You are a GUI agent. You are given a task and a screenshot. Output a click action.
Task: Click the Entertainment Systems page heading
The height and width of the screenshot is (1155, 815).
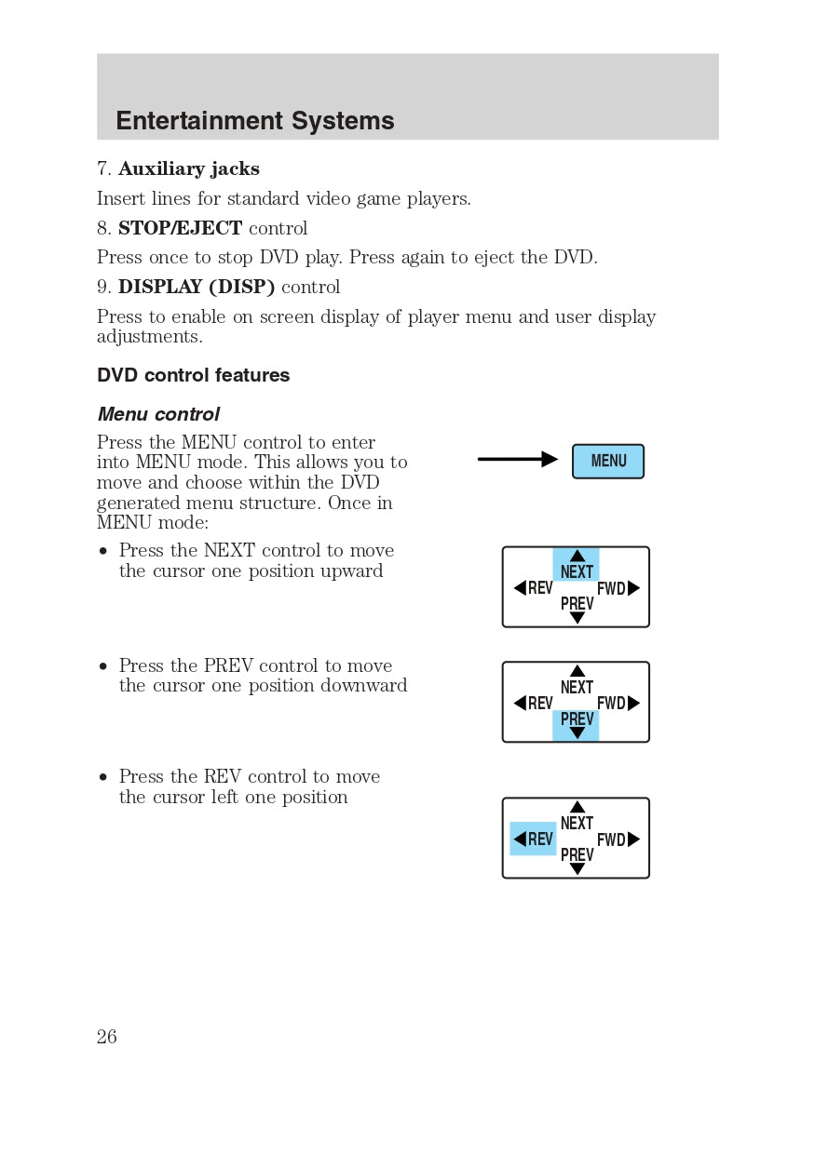tap(254, 121)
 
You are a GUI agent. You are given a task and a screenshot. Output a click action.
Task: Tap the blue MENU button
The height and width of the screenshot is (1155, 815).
tap(608, 462)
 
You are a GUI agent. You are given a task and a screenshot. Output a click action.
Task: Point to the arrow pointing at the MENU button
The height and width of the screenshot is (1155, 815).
tap(517, 459)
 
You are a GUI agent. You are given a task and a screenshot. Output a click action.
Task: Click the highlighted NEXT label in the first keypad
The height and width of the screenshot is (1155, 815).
tap(577, 571)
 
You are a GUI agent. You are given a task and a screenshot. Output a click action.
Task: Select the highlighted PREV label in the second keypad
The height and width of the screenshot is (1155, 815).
tap(577, 719)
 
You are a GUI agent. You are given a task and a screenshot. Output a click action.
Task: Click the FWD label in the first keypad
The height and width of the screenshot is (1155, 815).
tap(612, 588)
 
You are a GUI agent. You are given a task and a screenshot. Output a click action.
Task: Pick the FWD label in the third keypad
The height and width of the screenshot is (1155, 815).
tap(612, 839)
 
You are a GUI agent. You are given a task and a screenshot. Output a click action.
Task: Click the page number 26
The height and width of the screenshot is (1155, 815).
tap(107, 1037)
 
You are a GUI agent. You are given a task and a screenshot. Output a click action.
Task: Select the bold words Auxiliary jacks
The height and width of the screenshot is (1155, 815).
tap(189, 169)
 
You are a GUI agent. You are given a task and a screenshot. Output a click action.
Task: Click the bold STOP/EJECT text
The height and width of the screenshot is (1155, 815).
tap(180, 228)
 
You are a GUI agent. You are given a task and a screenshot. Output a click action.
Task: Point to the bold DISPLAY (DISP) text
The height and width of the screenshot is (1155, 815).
tap(197, 288)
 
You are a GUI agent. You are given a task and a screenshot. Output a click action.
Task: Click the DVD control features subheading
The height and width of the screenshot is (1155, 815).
tap(194, 375)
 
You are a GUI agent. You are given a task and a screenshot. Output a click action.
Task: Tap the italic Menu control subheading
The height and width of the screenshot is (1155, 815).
tap(158, 414)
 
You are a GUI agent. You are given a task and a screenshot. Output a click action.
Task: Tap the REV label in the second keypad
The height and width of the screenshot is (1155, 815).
tap(539, 704)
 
